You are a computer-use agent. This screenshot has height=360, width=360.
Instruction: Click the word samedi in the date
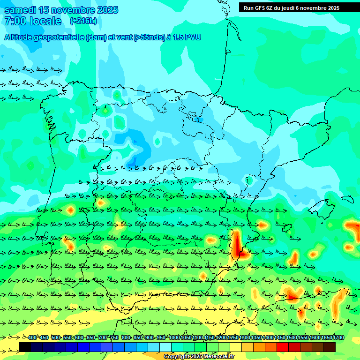click(x=22, y=10)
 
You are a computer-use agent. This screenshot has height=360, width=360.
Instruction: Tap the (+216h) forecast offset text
click(x=83, y=21)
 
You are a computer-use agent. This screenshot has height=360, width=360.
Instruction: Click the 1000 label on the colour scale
click(x=174, y=338)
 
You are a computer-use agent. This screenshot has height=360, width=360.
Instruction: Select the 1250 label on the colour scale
click(x=233, y=338)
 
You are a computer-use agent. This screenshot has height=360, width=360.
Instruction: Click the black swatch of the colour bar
click(x=25, y=347)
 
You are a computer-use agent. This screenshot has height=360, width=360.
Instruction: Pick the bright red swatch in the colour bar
click(x=283, y=347)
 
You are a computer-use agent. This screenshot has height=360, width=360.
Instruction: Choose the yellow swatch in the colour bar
click(x=236, y=347)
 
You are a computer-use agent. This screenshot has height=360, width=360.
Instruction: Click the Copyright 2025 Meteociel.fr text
click(x=199, y=357)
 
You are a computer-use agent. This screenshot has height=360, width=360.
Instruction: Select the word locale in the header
click(x=45, y=21)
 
